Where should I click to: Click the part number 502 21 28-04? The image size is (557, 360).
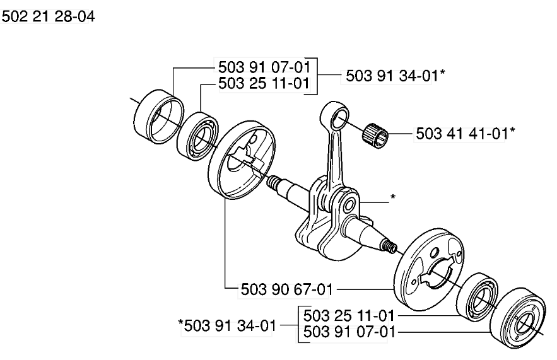(x=49, y=16)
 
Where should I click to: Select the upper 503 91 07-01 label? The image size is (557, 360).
(x=264, y=67)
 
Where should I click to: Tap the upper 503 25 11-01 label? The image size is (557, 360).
(x=264, y=83)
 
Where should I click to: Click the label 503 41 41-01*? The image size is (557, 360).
(x=466, y=134)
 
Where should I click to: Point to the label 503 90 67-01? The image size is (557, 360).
(x=286, y=289)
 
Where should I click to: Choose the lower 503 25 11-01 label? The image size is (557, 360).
(x=349, y=315)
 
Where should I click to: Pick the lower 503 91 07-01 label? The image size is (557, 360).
(x=349, y=332)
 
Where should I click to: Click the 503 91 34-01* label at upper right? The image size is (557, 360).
(x=395, y=76)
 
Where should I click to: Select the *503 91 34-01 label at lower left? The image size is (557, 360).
(x=227, y=325)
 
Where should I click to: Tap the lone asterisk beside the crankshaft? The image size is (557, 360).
(x=392, y=197)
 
